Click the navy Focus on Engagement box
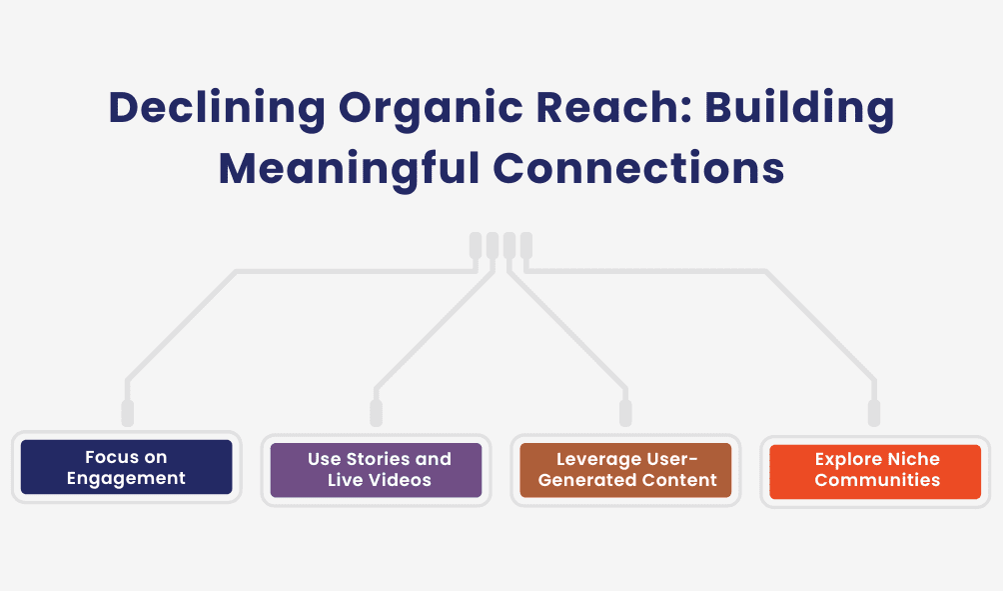(x=126, y=467)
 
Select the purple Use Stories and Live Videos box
(x=376, y=469)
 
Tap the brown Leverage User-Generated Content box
(x=625, y=469)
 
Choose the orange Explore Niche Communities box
(x=875, y=469)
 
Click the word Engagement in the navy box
(x=126, y=478)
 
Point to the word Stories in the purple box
(x=381, y=459)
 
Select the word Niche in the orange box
(x=914, y=459)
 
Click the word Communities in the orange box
(x=877, y=480)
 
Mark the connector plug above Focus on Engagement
(x=127, y=412)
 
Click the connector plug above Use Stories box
(x=376, y=412)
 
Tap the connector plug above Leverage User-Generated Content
(x=625, y=412)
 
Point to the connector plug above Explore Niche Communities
(x=874, y=412)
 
